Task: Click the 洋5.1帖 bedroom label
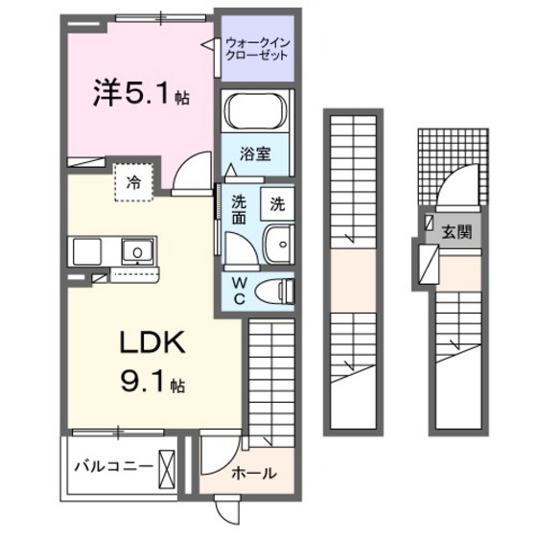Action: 139,95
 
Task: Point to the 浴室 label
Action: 254,152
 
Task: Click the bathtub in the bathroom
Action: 256,113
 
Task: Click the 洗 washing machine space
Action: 276,203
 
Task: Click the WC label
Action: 241,290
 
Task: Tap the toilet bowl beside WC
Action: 279,289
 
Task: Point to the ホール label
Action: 255,473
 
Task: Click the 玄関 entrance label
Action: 455,230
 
